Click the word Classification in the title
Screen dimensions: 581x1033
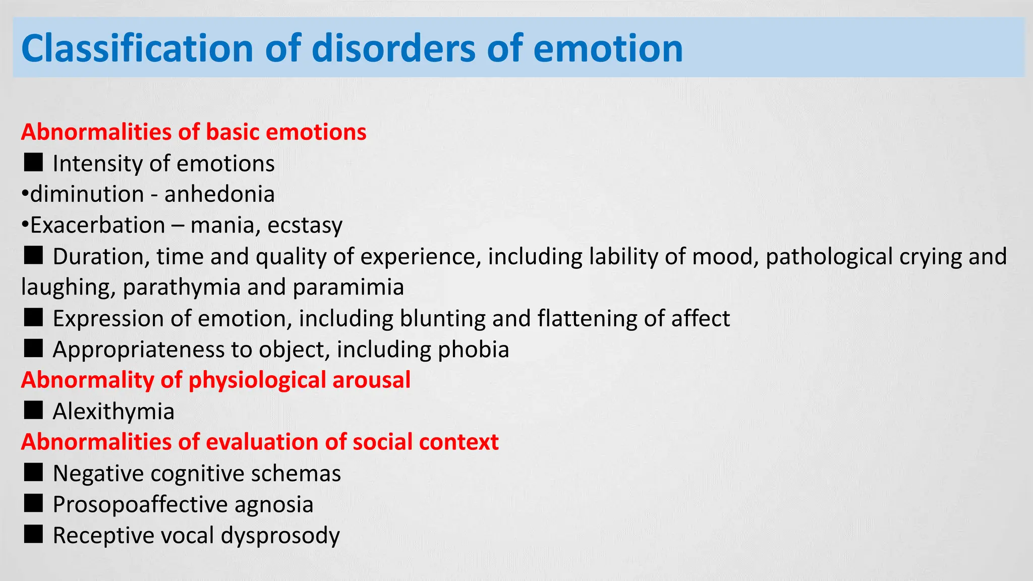(x=137, y=48)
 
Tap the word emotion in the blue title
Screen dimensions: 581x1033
(x=608, y=48)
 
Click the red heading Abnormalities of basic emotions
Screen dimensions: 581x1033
(x=194, y=132)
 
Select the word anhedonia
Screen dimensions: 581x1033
(x=219, y=194)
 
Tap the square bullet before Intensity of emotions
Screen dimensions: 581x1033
(x=33, y=162)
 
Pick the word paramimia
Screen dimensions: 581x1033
(x=348, y=287)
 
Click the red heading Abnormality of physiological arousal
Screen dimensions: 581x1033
(x=216, y=380)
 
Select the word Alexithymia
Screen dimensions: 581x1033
(x=113, y=412)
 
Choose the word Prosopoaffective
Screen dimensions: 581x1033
(x=140, y=504)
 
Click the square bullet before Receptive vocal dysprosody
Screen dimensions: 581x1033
(x=33, y=534)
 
